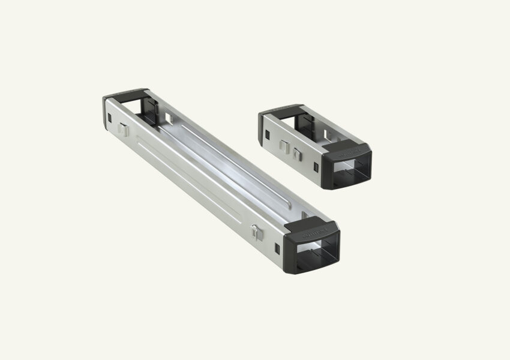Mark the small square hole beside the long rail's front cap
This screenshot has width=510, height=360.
click(276, 248)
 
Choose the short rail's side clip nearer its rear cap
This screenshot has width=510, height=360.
click(284, 146)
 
